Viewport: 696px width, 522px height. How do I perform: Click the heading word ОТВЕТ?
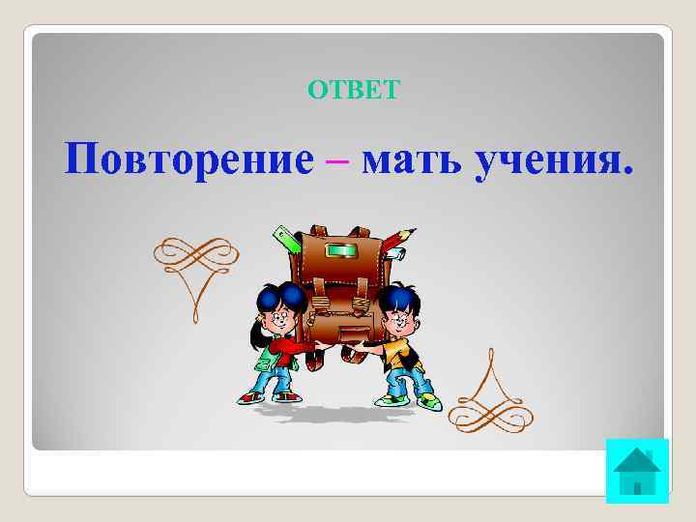coord(353,91)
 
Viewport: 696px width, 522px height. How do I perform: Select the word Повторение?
coord(189,158)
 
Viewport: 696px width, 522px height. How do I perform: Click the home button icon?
coord(637,471)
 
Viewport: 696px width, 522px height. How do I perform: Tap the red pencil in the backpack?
coord(399,240)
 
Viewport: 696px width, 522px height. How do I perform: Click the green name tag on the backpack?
coord(342,251)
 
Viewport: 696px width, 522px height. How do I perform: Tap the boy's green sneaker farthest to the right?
coord(428,399)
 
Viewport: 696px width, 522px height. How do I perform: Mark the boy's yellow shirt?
coord(397,353)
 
